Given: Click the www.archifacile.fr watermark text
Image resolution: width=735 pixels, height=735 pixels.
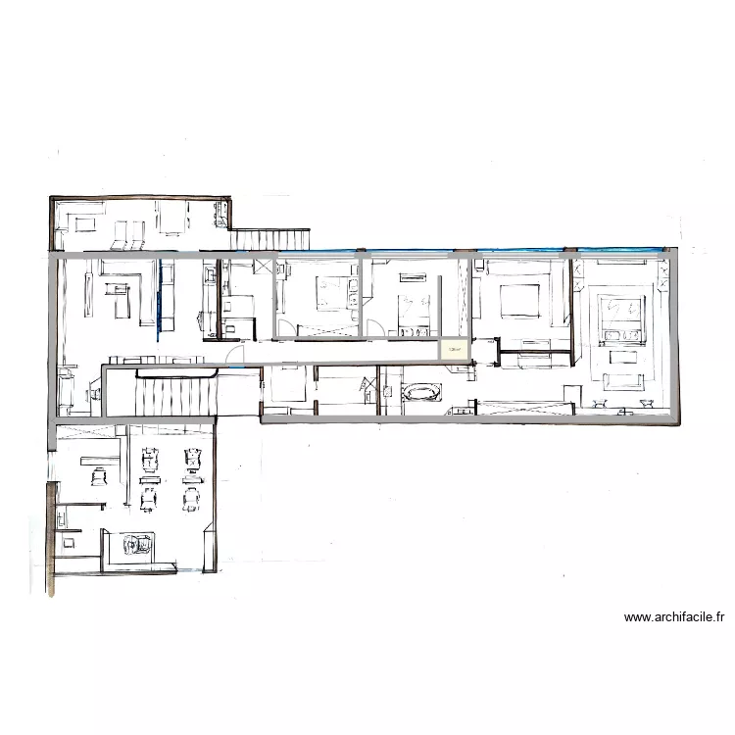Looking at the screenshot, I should [674, 617].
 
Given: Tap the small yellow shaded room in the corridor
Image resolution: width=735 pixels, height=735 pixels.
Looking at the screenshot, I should [454, 349].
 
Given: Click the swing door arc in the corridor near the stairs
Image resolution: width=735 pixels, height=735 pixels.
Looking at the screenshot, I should [234, 356].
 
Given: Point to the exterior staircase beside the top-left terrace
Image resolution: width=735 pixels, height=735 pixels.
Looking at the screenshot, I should [270, 239].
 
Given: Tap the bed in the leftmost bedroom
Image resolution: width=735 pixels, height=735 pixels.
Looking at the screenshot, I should [333, 293].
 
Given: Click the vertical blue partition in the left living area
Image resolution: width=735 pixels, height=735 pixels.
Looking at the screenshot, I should [160, 294].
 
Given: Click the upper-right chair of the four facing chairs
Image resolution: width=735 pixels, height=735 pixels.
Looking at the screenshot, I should [191, 457].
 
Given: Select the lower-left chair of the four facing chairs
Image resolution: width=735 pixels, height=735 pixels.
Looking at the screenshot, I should [150, 499].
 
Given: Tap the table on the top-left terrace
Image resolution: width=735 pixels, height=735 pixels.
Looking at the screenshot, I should [173, 220].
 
